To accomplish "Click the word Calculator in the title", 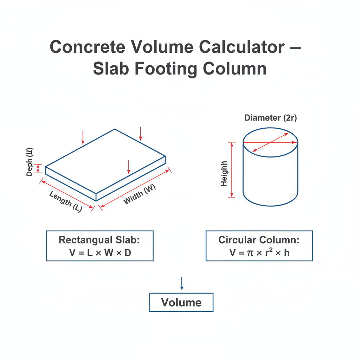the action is [x=242, y=47].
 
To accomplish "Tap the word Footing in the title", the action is [x=166, y=69].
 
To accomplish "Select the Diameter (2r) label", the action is [x=270, y=118].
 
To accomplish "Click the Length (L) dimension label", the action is [x=66, y=201].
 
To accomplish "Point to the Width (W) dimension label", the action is [x=140, y=194].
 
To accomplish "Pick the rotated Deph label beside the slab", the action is [x=30, y=162].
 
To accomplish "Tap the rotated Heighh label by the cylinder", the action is [x=224, y=174].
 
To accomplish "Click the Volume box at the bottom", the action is [x=181, y=302].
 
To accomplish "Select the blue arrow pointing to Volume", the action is [x=182, y=283].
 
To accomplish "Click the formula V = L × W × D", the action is [x=100, y=253].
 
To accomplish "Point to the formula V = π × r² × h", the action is [x=259, y=252].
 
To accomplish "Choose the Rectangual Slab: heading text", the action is [x=99, y=240].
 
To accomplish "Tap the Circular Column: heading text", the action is [x=259, y=240].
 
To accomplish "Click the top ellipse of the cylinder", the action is [x=270, y=128].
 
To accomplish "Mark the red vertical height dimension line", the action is [x=232, y=170].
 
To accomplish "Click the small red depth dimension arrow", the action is [x=38, y=168].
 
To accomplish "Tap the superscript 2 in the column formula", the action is [x=271, y=250].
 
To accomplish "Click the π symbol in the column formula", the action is [x=250, y=253].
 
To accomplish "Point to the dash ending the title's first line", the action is [x=296, y=48].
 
